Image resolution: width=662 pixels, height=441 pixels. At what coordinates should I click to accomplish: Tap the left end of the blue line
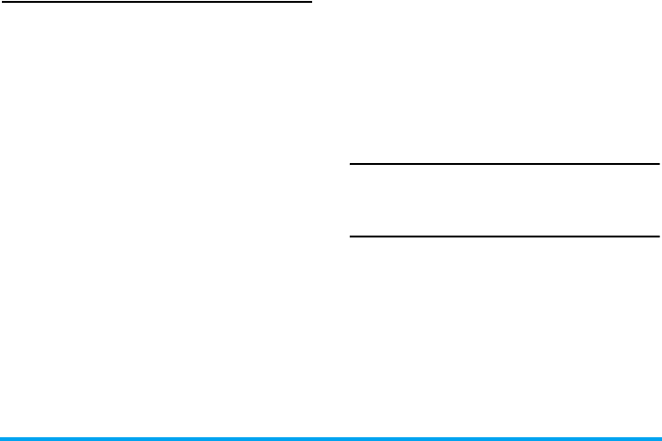click(x=1, y=437)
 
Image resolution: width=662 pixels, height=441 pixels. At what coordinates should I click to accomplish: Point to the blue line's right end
click(x=660, y=437)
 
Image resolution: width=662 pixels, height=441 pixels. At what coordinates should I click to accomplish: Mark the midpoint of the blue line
click(x=331, y=437)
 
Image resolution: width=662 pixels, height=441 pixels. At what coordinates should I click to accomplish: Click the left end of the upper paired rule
click(x=351, y=165)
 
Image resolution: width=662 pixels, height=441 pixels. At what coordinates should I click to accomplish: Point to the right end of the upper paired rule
click(x=658, y=165)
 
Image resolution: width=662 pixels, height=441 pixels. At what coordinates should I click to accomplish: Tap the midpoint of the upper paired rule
click(x=505, y=165)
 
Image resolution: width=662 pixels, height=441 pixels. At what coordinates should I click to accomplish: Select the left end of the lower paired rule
click(x=351, y=236)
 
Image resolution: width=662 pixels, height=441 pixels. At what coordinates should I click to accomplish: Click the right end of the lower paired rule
click(x=658, y=236)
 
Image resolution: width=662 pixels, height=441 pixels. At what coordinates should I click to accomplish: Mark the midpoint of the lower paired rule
click(x=505, y=236)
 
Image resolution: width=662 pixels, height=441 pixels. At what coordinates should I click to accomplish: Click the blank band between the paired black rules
click(x=505, y=200)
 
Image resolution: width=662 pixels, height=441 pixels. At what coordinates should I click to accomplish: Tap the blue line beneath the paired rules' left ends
click(x=351, y=437)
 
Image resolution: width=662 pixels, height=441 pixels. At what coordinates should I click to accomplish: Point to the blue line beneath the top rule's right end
click(x=310, y=437)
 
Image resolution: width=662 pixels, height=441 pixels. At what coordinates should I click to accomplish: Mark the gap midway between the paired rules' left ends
click(x=352, y=200)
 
